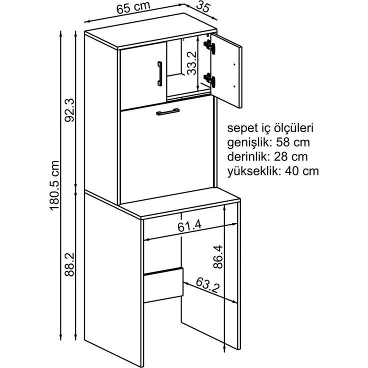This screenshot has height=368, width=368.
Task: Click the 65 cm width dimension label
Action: click(x=133, y=7)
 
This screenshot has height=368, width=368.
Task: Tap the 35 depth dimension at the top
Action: click(x=202, y=7)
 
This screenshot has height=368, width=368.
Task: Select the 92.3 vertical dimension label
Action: click(x=69, y=110)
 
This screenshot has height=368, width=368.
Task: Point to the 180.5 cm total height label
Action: click(x=54, y=185)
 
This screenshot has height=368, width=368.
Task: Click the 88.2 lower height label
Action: click(x=69, y=264)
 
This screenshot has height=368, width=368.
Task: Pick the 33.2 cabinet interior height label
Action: click(x=191, y=63)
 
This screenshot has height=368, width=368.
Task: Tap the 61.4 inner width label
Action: click(x=189, y=226)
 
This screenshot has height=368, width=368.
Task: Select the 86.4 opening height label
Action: click(x=218, y=257)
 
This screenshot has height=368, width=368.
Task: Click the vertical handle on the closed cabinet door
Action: click(x=160, y=73)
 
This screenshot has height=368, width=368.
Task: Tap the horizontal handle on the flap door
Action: click(x=167, y=111)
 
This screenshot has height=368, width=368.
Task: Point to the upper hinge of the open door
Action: click(x=209, y=46)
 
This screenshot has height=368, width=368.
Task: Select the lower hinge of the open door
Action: click(x=209, y=79)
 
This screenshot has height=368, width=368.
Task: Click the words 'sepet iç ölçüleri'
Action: click(x=270, y=129)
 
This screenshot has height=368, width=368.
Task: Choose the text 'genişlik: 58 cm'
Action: click(x=268, y=142)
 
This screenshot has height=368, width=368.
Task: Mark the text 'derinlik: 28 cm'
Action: click(x=267, y=157)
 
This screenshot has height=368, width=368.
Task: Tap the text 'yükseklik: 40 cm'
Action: click(x=273, y=171)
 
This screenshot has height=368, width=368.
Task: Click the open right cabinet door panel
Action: click(x=226, y=70)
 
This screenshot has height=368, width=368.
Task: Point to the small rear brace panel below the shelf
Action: click(x=163, y=285)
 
